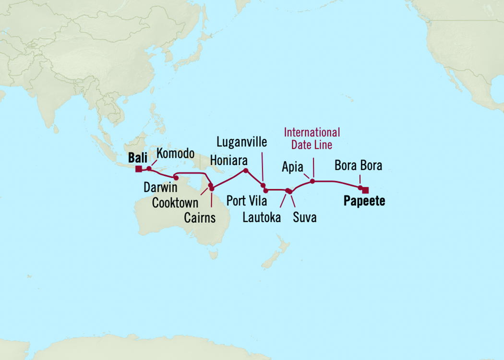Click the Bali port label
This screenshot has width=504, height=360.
137,158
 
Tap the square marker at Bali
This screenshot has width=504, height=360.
139,168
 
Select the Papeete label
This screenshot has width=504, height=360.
364,202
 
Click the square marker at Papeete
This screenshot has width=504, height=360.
365,190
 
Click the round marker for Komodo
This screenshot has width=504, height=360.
149,168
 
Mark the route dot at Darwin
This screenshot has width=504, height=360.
176,178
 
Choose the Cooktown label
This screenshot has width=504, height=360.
175,203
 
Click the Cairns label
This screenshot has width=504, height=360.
200,218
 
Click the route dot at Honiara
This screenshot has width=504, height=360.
246,170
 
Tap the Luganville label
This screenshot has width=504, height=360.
242,143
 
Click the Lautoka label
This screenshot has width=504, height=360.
262,217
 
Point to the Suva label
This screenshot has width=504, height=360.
305,217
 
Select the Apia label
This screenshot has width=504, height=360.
292,167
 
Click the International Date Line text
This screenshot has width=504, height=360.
312,138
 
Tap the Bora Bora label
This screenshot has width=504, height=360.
359,166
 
